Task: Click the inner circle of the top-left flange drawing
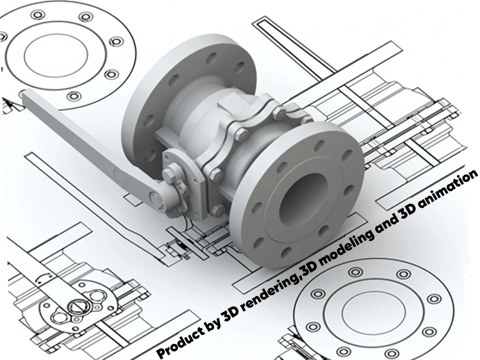pyautogui.click(x=55, y=55)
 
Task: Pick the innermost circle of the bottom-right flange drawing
pyautogui.click(x=373, y=313)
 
